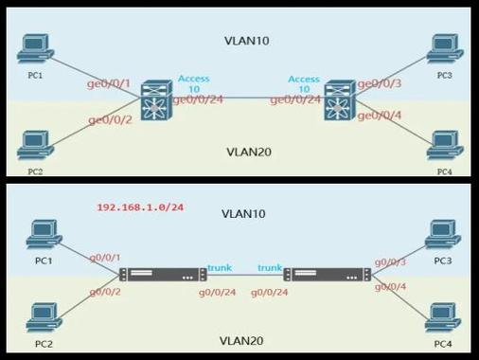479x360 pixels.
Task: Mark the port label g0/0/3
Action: point(390,261)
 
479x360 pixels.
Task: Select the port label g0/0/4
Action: point(390,286)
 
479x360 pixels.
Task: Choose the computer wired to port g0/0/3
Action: point(443,233)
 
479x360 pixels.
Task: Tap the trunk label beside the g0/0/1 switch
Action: point(219,268)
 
